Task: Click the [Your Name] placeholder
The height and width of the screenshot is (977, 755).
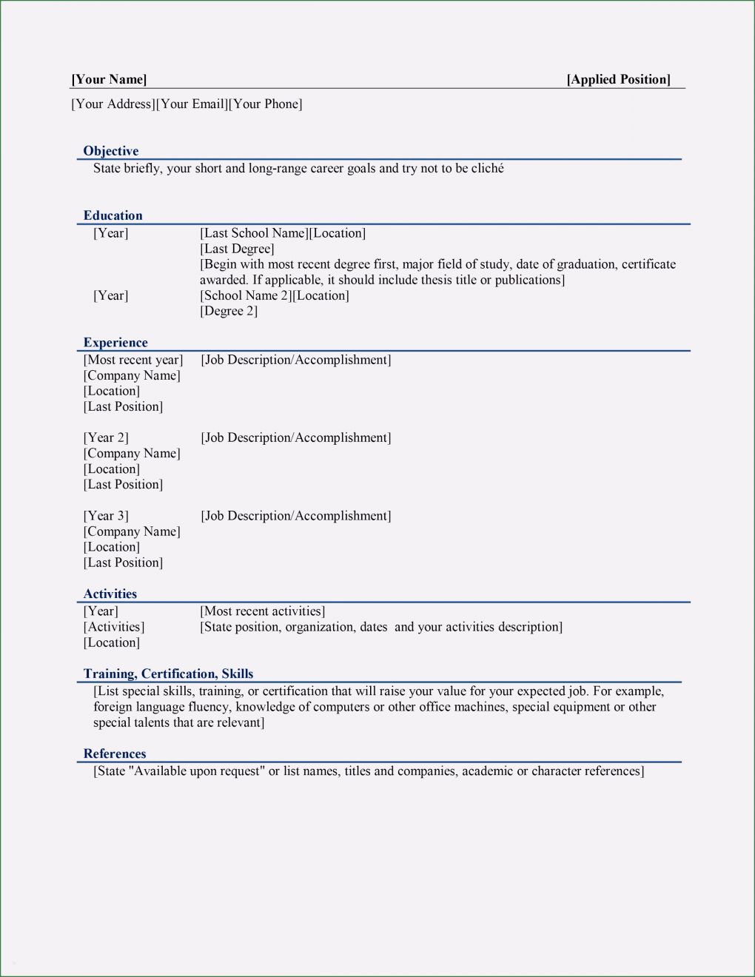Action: pyautogui.click(x=109, y=79)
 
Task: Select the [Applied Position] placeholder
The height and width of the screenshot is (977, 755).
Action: pyautogui.click(x=618, y=79)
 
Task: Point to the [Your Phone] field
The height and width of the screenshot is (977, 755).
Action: pyautogui.click(x=266, y=104)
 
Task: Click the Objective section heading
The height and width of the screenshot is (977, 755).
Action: pyautogui.click(x=111, y=151)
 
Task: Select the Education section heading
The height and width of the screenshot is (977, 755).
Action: pyautogui.click(x=113, y=215)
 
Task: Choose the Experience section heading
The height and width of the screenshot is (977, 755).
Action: pyautogui.click(x=115, y=343)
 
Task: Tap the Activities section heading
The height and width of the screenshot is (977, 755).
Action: pyautogui.click(x=110, y=594)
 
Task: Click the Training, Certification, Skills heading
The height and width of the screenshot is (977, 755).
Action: pyautogui.click(x=168, y=674)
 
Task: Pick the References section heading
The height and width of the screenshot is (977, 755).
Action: pyautogui.click(x=115, y=753)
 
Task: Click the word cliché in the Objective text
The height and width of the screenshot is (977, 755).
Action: pyautogui.click(x=488, y=169)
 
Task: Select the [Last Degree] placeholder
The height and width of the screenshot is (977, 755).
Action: pyautogui.click(x=237, y=249)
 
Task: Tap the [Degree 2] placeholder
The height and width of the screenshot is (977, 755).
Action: pyautogui.click(x=229, y=311)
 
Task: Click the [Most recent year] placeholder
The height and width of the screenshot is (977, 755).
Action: pyautogui.click(x=133, y=360)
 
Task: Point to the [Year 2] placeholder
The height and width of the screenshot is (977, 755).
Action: pyautogui.click(x=106, y=437)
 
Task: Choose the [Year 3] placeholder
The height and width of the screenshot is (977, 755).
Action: pyautogui.click(x=106, y=516)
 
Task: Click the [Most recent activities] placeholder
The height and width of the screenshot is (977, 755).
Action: pyautogui.click(x=262, y=611)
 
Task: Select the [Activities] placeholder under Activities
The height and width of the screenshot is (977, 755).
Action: pyautogui.click(x=114, y=627)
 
